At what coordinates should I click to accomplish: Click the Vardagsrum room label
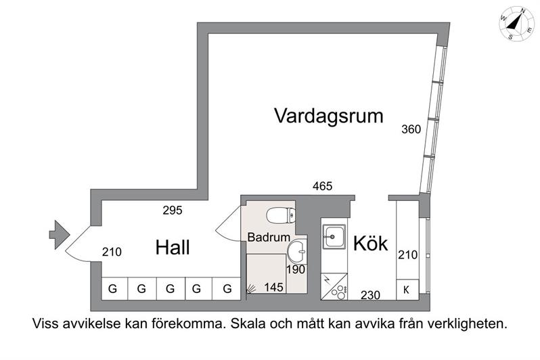(329, 116)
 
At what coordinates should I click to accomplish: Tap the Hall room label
(172, 248)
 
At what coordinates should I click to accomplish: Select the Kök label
(370, 243)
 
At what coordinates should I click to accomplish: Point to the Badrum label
(269, 237)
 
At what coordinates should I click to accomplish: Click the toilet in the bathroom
(281, 216)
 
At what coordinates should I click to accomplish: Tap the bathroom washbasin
(297, 251)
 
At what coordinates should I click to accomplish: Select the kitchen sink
(334, 237)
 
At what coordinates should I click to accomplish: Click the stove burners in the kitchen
(338, 293)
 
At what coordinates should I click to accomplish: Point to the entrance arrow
(60, 235)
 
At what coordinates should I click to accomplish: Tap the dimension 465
(322, 186)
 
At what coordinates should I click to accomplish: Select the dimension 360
(411, 129)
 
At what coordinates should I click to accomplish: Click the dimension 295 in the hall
(173, 210)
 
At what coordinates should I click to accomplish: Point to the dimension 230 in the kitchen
(371, 295)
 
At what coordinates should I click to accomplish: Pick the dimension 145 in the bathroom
(274, 287)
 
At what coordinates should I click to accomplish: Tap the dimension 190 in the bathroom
(296, 269)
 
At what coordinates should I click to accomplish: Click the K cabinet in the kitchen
(407, 290)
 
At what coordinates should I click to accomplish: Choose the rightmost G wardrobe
(226, 288)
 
